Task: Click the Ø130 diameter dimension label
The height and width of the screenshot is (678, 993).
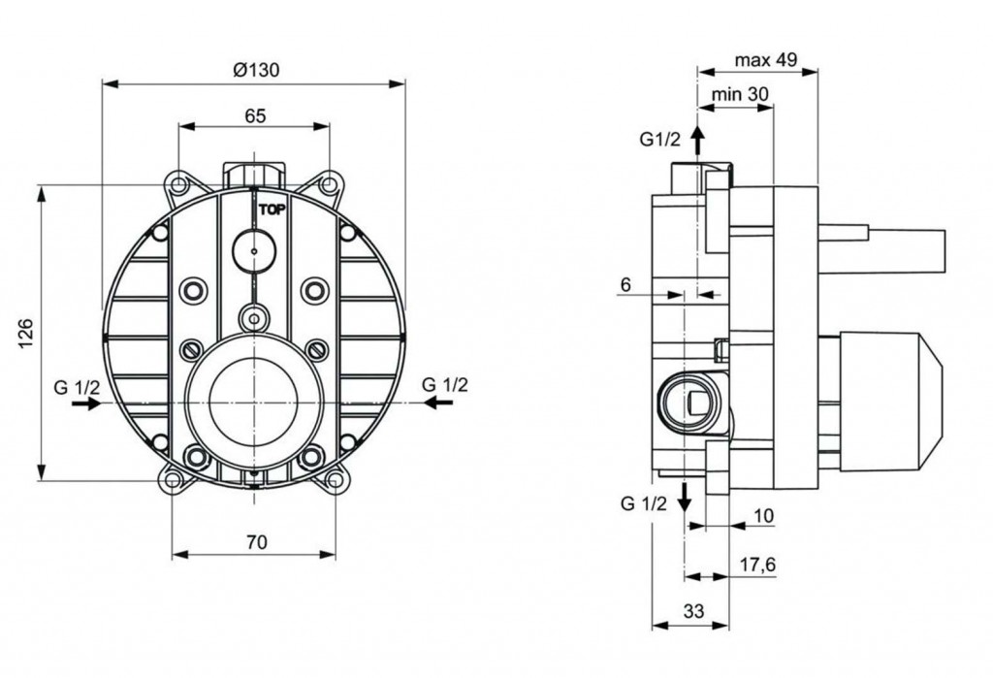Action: (x=254, y=69)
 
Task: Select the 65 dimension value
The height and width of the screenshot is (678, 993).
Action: (x=254, y=115)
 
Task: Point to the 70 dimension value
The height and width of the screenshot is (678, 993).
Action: (x=255, y=542)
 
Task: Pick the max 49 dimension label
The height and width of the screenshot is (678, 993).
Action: (x=765, y=60)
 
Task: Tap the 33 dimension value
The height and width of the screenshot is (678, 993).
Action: (x=691, y=612)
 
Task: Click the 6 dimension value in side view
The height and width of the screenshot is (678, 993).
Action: (x=625, y=284)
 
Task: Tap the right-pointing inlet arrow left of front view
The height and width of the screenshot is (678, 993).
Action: (x=85, y=404)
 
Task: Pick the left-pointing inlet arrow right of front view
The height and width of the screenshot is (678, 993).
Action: (x=436, y=403)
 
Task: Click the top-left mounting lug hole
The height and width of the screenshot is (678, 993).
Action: (x=178, y=183)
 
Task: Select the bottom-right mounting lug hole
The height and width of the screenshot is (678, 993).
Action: (x=336, y=479)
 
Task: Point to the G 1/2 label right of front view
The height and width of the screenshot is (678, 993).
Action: (x=445, y=384)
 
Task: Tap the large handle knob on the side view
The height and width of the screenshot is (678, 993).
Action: (x=889, y=401)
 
